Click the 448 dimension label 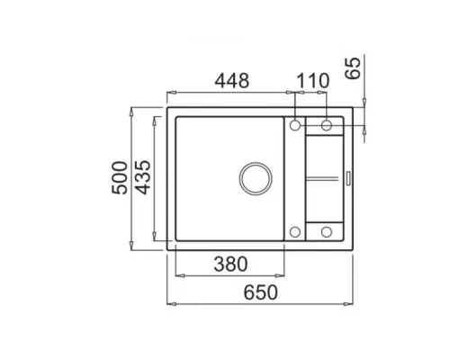click(232, 81)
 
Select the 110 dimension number click(313, 81)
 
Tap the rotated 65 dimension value click(353, 68)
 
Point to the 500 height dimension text click(120, 178)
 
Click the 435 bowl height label click(142, 178)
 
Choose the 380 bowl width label click(230, 264)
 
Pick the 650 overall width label click(260, 292)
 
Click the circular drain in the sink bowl click(256, 178)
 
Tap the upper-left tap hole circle click(295, 125)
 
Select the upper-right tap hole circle click(327, 125)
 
